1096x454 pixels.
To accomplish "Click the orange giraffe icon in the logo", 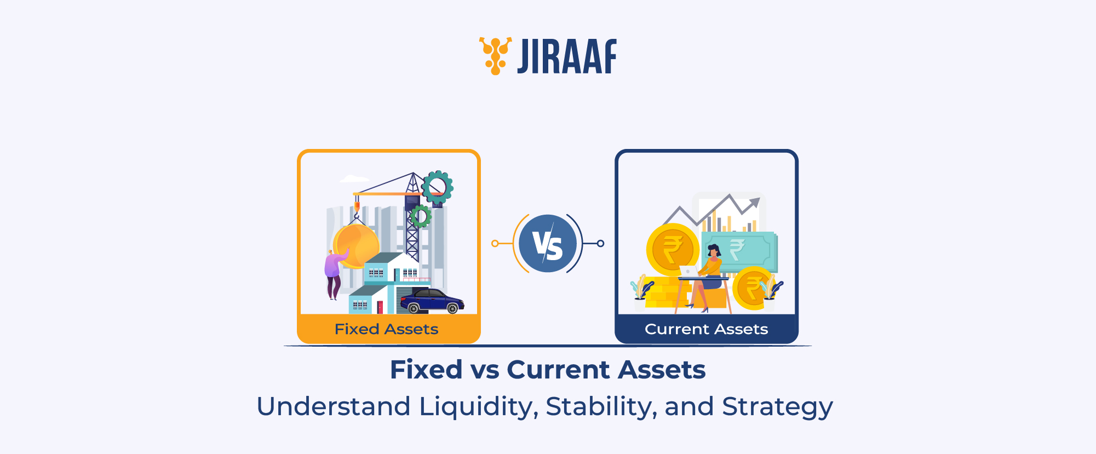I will pos(495,55).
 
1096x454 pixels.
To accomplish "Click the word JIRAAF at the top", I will pos(567,56).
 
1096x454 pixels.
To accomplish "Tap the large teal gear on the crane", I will pos(437,187).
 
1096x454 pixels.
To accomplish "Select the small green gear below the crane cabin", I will pos(421,216).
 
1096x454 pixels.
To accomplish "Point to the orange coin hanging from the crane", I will pos(356,246).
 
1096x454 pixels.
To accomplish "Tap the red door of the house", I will pos(380,307).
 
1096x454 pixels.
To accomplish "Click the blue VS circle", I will pos(547,244).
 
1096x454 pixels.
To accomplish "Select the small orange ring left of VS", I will pos(495,244).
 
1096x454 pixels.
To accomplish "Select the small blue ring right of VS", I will pos(601,244).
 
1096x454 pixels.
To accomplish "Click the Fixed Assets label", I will pos(387,329).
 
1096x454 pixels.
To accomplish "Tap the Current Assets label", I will pos(706,329).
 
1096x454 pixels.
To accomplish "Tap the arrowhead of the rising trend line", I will pos(755,203).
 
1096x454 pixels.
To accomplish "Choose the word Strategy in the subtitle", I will pos(777,407).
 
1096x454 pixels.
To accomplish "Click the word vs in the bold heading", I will pos(485,370).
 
